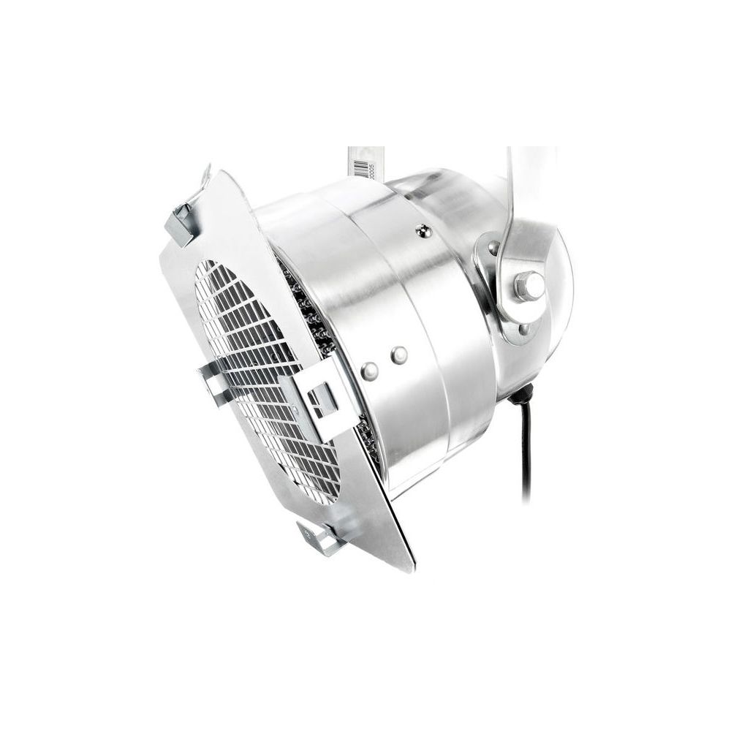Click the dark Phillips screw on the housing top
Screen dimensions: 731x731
pyautogui.click(x=421, y=232)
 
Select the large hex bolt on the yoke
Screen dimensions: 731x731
pyautogui.click(x=529, y=285)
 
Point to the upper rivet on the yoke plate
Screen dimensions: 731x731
pyautogui.click(x=494, y=249)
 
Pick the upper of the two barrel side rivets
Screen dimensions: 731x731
pyautogui.click(x=398, y=355)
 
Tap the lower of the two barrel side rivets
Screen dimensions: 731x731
pyautogui.click(x=370, y=371)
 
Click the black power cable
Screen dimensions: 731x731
pyautogui.click(x=526, y=453)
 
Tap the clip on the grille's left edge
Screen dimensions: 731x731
pyautogui.click(x=212, y=380)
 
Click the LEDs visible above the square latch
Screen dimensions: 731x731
pyautogui.click(x=311, y=314)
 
